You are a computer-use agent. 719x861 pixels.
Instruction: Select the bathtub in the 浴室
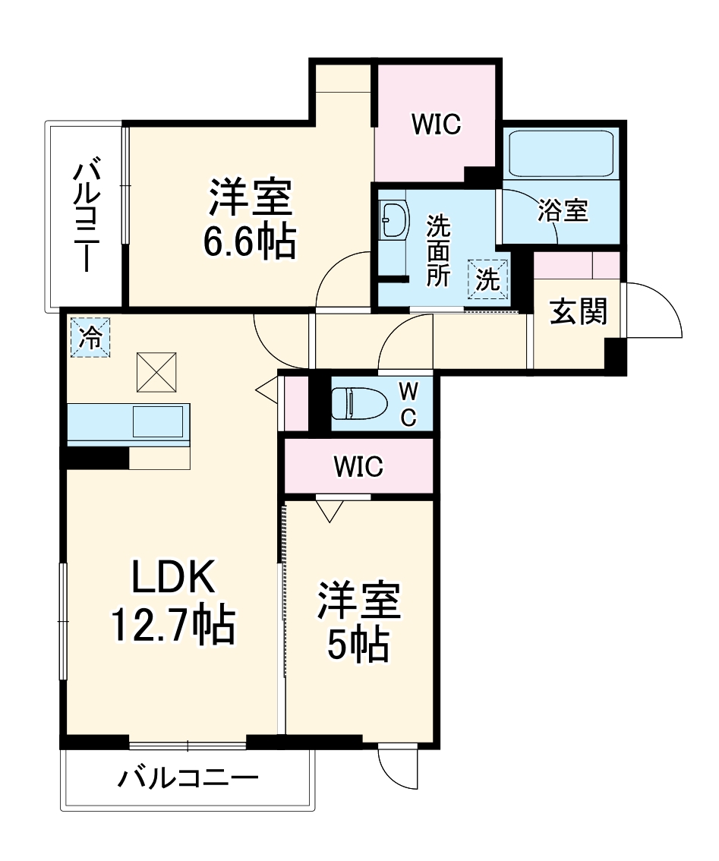tap(561, 154)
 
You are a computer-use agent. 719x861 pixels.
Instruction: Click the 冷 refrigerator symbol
tap(90, 337)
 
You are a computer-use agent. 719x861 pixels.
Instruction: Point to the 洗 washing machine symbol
tap(487, 279)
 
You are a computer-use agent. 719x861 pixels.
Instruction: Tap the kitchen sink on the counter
tap(158, 421)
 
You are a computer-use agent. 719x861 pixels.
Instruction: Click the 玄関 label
tap(579, 311)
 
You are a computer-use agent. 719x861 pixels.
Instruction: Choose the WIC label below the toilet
tap(358, 467)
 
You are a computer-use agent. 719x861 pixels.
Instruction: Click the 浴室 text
tap(563, 211)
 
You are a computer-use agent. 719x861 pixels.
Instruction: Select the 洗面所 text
tap(438, 251)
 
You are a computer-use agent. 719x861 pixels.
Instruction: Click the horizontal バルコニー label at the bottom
tap(188, 778)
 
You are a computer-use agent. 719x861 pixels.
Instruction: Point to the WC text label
tap(408, 404)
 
